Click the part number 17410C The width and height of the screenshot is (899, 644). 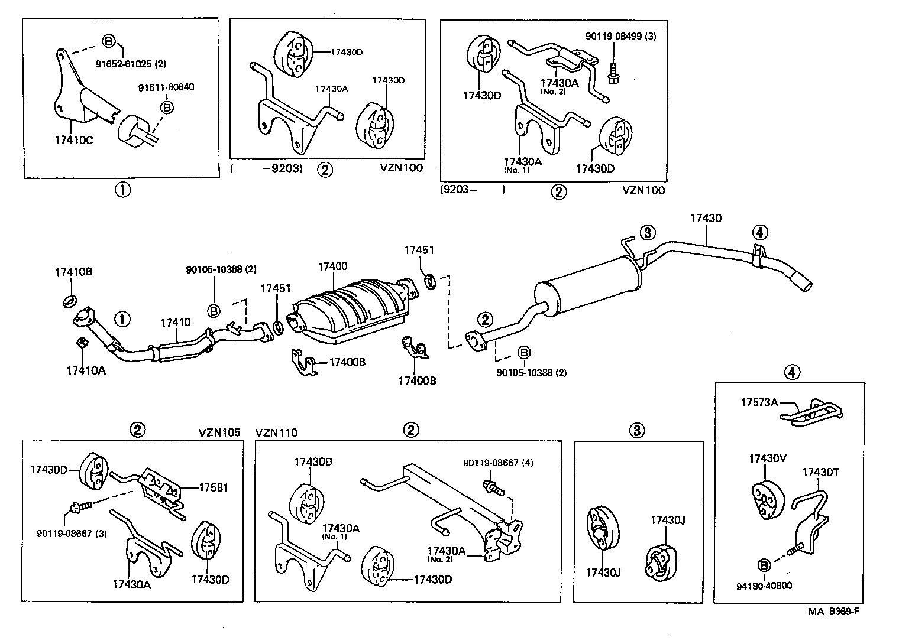75,141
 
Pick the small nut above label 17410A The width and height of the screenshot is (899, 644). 82,342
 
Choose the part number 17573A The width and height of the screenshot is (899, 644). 759,402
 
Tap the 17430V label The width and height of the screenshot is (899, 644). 767,458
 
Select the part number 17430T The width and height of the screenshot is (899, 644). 820,472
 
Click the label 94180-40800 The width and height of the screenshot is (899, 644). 764,586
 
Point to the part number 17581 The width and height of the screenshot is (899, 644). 214,487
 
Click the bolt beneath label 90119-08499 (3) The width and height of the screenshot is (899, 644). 613,74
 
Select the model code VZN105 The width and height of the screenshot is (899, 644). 219,432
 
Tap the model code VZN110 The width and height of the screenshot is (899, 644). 276,432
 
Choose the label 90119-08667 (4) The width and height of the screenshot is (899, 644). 497,463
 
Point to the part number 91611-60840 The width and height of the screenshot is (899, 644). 166,87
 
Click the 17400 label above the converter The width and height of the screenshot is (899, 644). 332,266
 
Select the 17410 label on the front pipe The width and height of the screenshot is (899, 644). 176,323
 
